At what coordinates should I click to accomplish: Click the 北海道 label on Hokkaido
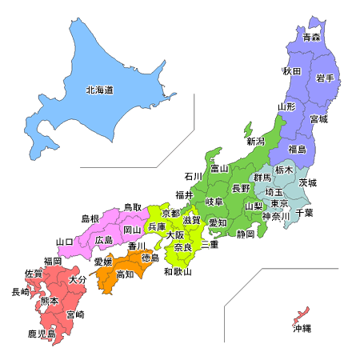[x=99, y=90]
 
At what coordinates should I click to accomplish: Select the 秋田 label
[x=291, y=71]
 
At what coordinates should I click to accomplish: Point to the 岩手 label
[x=324, y=78]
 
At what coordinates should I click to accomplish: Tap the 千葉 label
[x=304, y=212]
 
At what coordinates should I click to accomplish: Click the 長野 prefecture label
[x=241, y=188]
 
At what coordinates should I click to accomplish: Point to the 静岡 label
[x=246, y=234]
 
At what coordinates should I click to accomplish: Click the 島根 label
[x=90, y=218]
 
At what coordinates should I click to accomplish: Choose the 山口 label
[x=65, y=241]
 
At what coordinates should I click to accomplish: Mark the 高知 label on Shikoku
[x=125, y=274]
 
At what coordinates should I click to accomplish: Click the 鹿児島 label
[x=40, y=332]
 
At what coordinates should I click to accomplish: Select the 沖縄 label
[x=302, y=329]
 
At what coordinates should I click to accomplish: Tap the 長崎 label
[x=20, y=292]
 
